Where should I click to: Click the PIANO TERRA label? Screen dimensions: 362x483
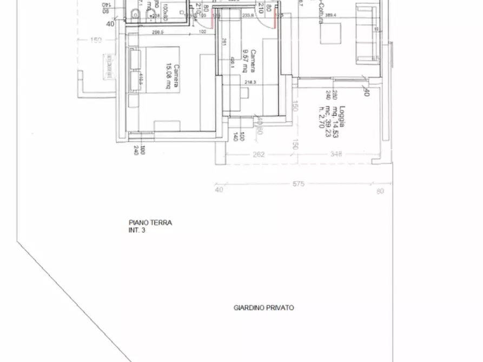(150, 222)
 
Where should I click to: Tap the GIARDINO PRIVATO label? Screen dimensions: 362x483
(263, 307)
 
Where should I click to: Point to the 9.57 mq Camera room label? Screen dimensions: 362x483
(248, 61)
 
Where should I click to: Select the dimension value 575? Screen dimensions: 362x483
(298, 184)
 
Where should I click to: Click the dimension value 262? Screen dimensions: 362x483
(259, 155)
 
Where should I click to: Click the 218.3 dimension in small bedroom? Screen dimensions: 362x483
(250, 82)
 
